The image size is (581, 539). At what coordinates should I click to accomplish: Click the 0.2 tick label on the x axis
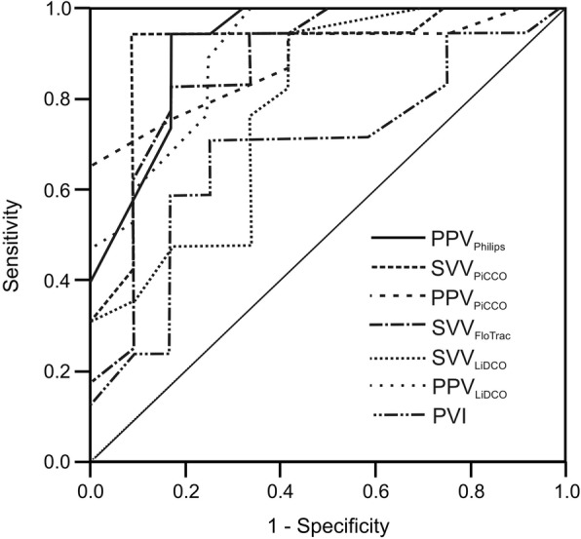coord(185,482)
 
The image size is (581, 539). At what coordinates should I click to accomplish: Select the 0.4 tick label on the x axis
coord(280,482)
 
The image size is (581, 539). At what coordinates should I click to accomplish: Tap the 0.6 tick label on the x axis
coord(375,482)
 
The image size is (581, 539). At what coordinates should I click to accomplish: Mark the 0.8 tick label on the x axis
coord(470,482)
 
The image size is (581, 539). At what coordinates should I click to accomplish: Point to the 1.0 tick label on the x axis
coord(563,482)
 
